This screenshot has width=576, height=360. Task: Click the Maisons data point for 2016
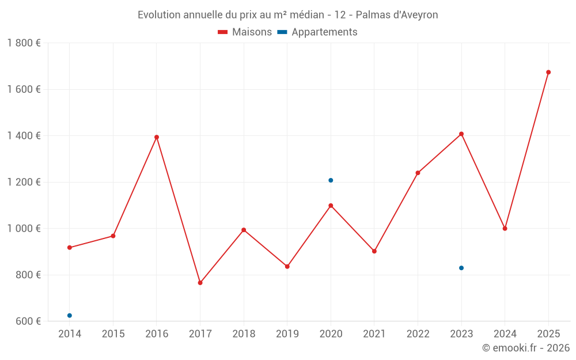coord(157,137)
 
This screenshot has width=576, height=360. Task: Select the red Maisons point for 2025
coord(548,72)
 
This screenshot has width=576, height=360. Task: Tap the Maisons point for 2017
coord(200,283)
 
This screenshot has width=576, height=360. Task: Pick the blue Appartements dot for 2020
coord(331,180)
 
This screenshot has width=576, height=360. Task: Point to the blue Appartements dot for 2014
coord(70,316)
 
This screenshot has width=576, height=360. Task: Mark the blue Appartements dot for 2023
coord(461,268)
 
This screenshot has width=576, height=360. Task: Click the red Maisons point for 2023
coord(461,134)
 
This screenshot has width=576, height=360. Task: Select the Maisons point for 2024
coord(505,229)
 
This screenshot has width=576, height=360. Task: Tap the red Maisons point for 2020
coord(331,206)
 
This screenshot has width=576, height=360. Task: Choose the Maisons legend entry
coord(245,32)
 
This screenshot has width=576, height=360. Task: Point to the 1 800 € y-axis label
coord(24,43)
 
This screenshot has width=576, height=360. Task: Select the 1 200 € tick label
coord(24,182)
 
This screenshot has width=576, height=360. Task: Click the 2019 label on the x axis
coord(287,334)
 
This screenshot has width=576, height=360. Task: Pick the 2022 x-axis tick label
coord(418,334)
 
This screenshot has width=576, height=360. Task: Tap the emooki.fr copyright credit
coord(526,348)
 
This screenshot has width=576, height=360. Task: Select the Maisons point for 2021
coord(374,251)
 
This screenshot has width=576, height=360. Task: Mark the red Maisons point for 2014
coord(70,248)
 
